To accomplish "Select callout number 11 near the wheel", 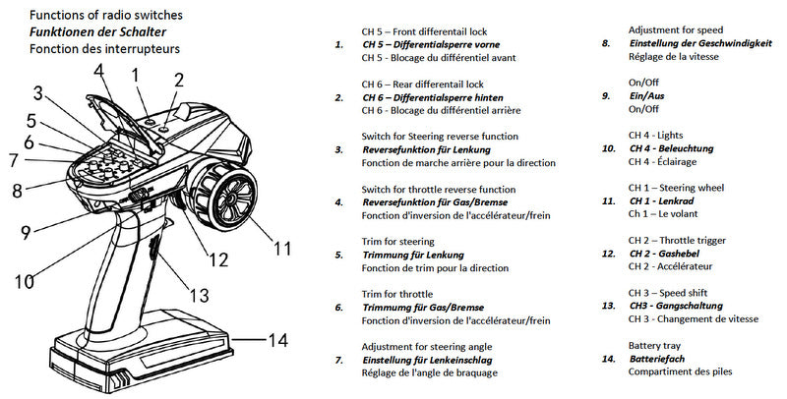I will (x=282, y=249).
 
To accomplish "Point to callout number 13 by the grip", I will (x=199, y=294).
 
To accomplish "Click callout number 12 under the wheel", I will (x=217, y=259).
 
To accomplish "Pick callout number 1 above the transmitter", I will (x=136, y=73).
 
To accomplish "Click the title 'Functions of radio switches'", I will (x=105, y=17).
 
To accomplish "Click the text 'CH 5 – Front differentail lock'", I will (x=424, y=31).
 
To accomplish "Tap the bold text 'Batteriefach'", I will (x=661, y=359).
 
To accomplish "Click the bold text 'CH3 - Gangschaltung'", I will (x=680, y=306).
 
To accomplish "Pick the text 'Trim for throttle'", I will (x=398, y=294).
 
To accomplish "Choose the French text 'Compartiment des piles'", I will (x=682, y=372).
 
